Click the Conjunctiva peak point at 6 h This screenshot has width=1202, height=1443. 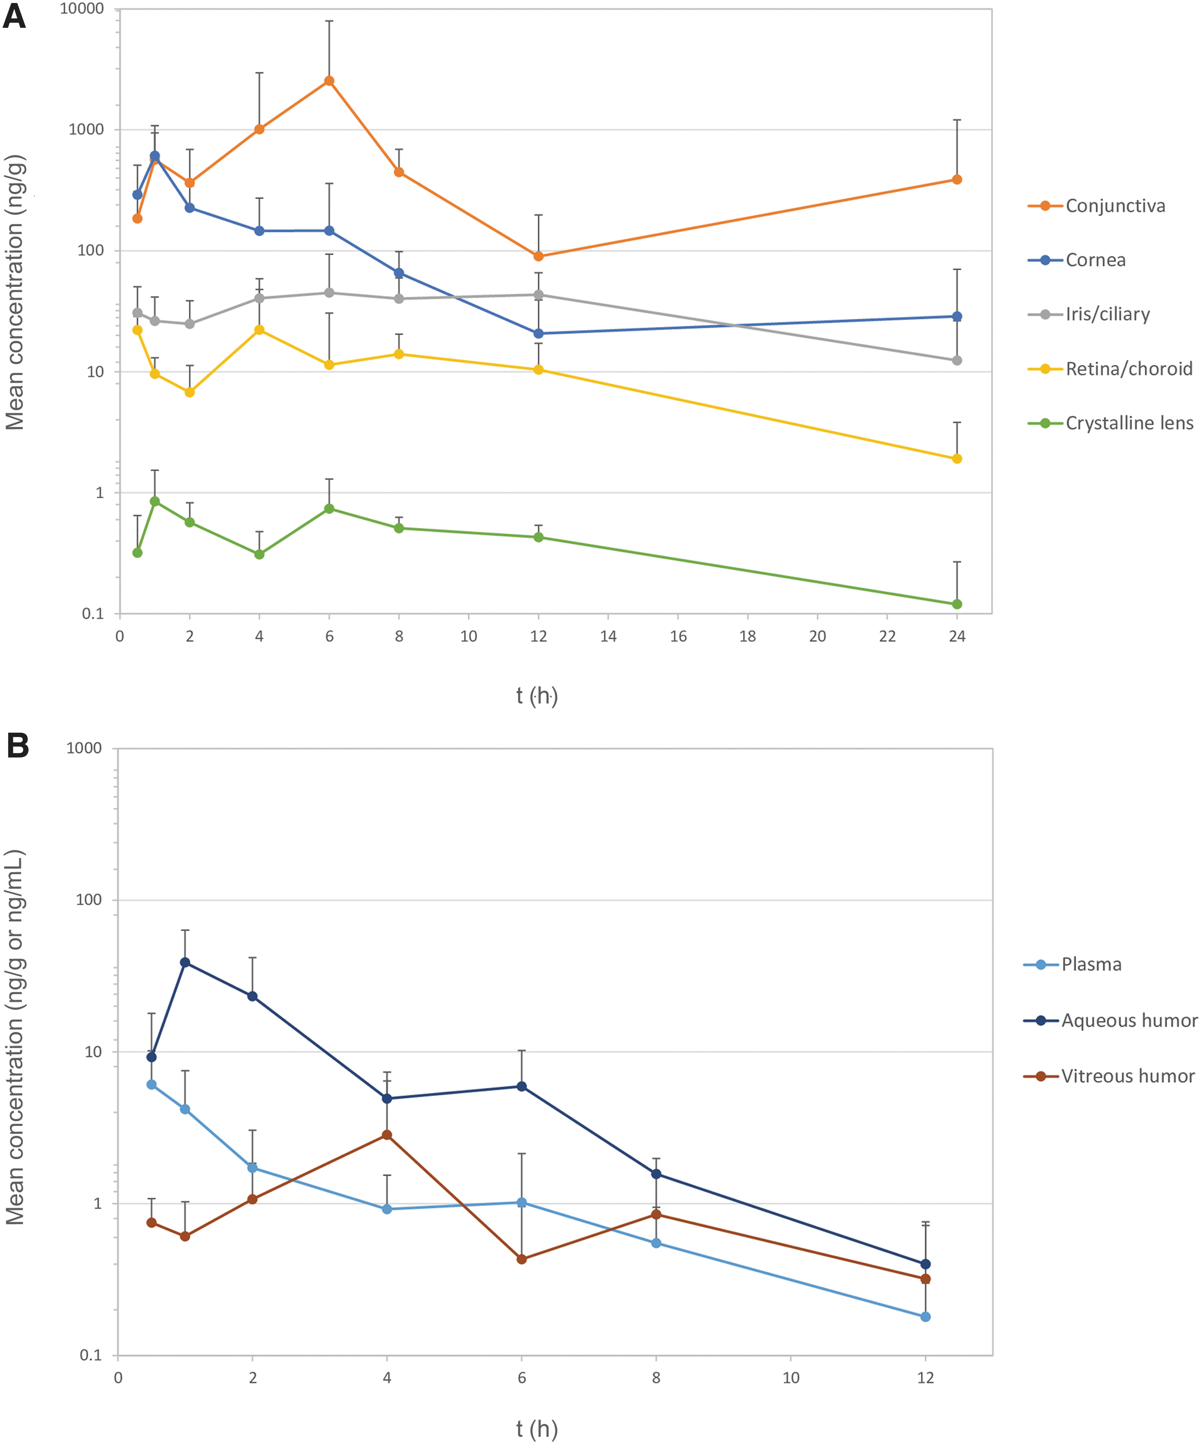point(329,81)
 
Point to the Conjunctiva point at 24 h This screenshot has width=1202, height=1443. point(957,180)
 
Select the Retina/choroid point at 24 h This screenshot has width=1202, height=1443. point(957,459)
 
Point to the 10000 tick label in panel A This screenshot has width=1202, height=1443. point(82,9)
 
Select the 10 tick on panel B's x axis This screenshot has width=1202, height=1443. point(791,1378)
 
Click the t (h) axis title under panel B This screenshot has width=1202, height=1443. point(537,1429)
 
